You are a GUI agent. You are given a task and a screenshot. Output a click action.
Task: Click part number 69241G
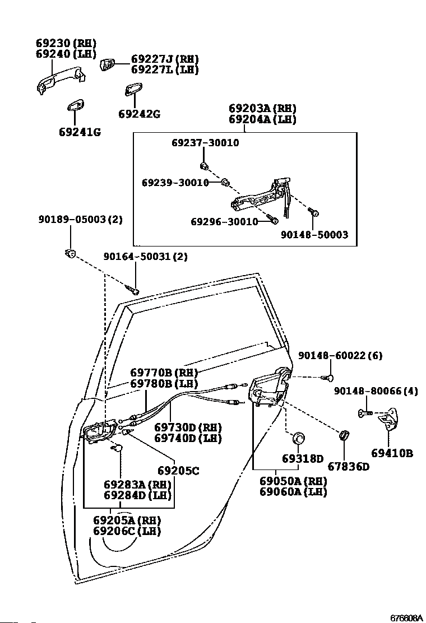[x=79, y=132]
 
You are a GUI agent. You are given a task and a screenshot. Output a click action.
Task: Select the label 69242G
[x=139, y=114]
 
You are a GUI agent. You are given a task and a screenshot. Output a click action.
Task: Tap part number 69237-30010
[x=205, y=143]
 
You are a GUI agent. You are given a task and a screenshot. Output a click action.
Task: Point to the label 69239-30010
[x=175, y=183]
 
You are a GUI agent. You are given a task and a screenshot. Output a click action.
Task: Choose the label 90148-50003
[x=314, y=234]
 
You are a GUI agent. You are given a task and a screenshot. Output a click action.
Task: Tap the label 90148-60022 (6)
[x=340, y=355]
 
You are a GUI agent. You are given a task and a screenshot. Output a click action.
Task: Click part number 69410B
[x=392, y=453]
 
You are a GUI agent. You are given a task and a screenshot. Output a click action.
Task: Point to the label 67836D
[x=348, y=466]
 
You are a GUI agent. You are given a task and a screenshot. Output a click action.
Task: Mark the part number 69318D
[x=303, y=459]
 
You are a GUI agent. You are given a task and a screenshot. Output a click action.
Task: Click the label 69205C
[x=178, y=471]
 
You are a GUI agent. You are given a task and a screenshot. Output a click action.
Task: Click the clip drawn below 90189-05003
[x=70, y=254]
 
